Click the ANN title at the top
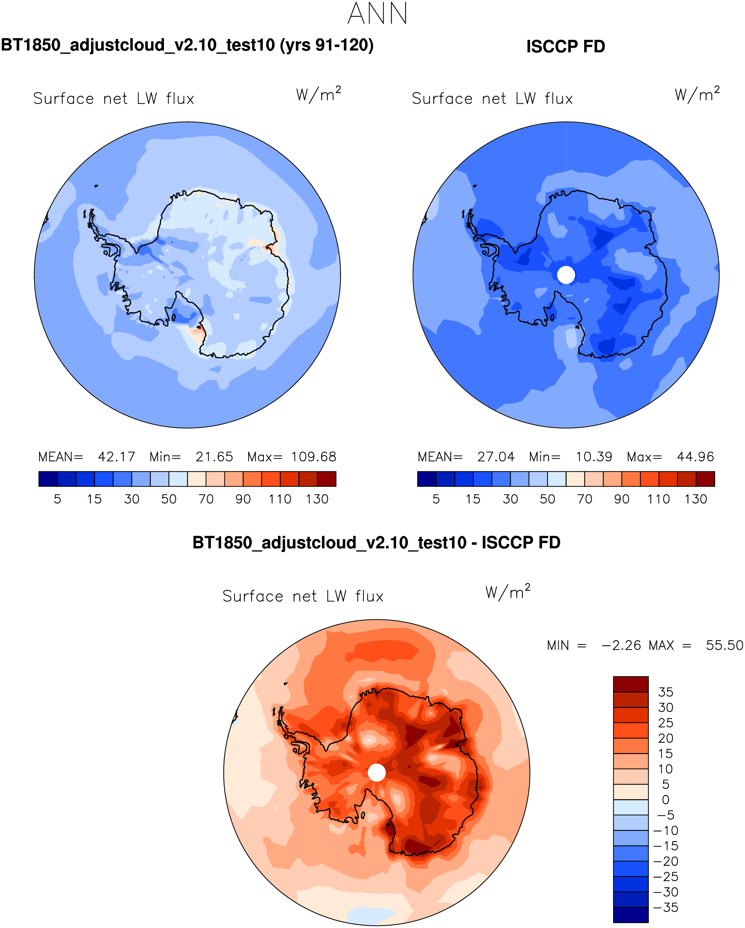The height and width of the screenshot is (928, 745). tap(377, 14)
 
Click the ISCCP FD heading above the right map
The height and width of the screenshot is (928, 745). tap(566, 46)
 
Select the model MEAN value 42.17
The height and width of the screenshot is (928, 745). tap(116, 457)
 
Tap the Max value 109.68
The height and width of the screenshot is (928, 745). tap(313, 457)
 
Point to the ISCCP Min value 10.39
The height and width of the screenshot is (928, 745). tap(594, 457)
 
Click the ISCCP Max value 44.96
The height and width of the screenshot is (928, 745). tap(695, 457)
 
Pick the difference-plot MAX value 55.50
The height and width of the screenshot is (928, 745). tap(724, 645)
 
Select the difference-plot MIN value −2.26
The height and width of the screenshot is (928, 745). tap(621, 645)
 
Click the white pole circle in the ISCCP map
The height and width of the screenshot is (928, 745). tap(566, 275)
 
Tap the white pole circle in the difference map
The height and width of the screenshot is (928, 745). tap(377, 773)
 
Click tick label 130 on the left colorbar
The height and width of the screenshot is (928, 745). tap(317, 499)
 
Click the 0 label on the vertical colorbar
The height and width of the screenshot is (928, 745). tap(666, 800)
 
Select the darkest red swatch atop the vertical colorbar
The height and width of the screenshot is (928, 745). tap(630, 684)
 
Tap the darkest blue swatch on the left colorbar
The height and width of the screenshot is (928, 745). tap(48, 479)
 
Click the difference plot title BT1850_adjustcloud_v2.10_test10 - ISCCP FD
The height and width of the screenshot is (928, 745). tap(376, 543)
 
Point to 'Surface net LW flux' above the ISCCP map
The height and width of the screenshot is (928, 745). tap(492, 99)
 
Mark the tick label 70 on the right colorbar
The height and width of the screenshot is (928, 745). tap(584, 499)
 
